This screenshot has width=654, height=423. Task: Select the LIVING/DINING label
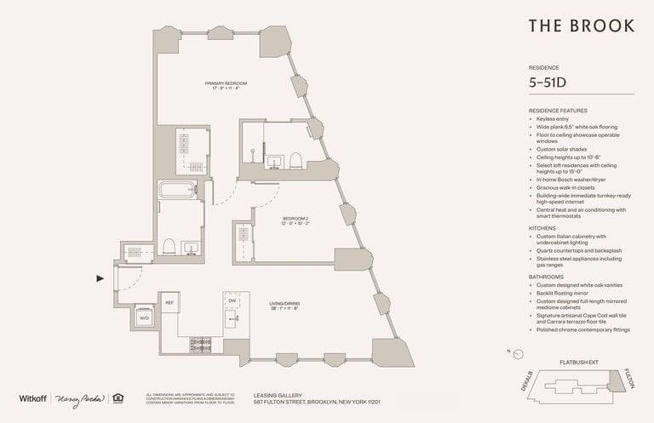click(x=285, y=304)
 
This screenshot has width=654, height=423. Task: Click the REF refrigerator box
click(x=169, y=302)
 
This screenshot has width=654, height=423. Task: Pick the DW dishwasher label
click(x=232, y=300)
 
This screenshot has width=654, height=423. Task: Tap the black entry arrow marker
click(x=100, y=277)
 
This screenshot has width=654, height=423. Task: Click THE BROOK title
click(x=581, y=26)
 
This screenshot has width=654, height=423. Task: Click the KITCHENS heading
click(x=542, y=229)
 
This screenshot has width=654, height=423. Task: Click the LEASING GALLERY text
click(x=274, y=393)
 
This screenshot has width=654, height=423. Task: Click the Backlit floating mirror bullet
click(x=566, y=293)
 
